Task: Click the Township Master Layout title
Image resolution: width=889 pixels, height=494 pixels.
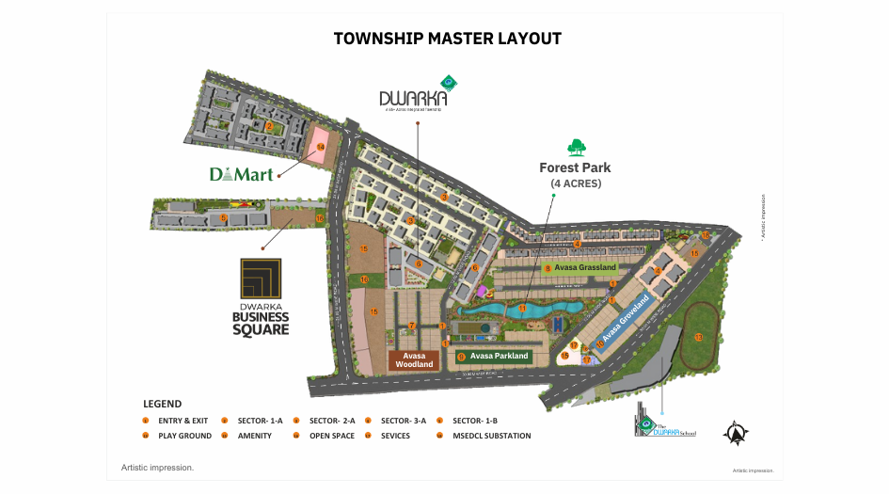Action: tap(447, 39)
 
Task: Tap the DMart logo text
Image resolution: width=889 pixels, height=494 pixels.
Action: tap(241, 174)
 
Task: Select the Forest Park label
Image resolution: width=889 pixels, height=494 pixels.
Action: tap(575, 167)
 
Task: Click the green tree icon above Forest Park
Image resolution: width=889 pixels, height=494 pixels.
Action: tap(576, 147)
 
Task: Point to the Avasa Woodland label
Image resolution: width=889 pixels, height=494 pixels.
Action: tap(414, 360)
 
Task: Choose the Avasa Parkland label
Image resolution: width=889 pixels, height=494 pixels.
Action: tap(499, 356)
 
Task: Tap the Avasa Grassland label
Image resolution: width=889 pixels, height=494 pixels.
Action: tap(585, 268)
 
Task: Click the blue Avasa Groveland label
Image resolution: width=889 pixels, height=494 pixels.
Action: tap(627, 322)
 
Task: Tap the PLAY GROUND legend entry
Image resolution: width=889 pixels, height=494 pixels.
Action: tap(184, 436)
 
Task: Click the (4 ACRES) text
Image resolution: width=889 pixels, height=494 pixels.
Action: tap(575, 183)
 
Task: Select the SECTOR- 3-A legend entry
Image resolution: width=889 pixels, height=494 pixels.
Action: tap(404, 421)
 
